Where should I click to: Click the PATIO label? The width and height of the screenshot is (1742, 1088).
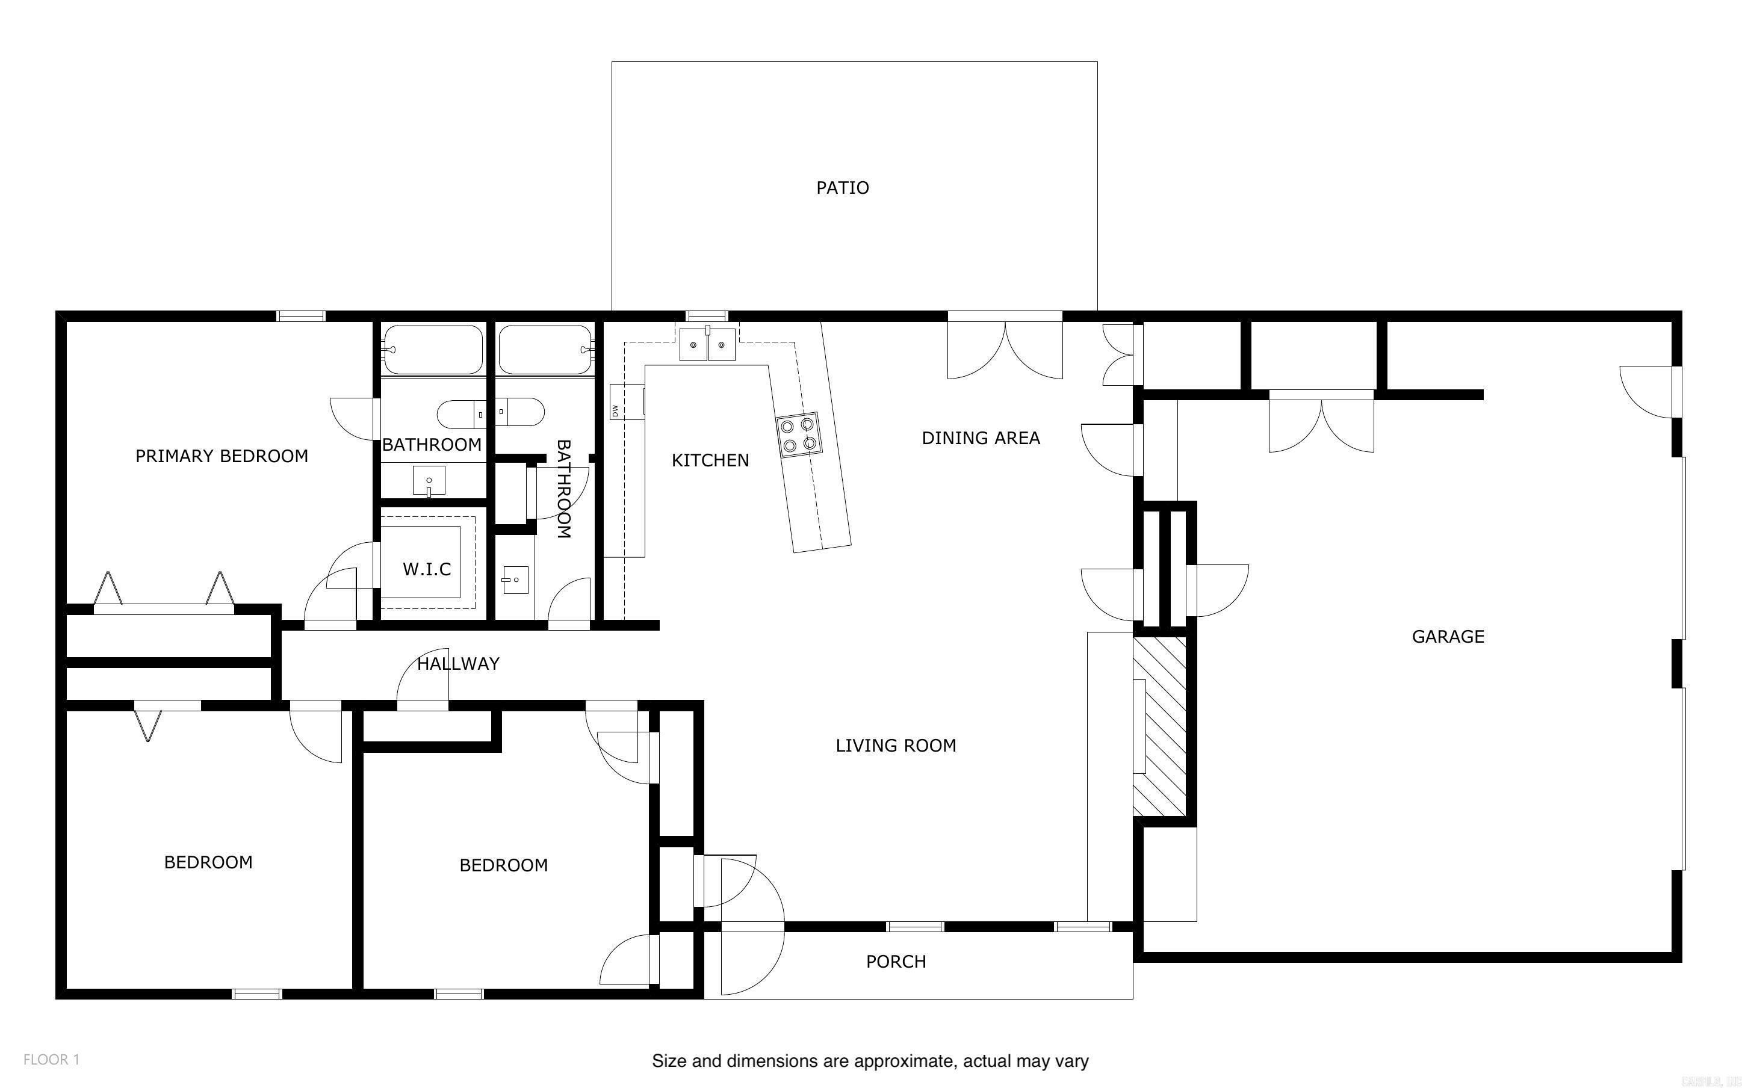click(x=842, y=188)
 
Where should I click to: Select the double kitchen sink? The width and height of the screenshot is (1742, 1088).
click(x=707, y=345)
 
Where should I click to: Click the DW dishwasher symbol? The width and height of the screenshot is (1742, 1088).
click(x=616, y=411)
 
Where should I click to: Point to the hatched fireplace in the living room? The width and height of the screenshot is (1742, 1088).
click(x=1159, y=726)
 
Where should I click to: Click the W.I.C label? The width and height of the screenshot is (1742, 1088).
click(x=427, y=569)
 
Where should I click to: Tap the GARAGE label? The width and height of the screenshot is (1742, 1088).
click(x=1448, y=636)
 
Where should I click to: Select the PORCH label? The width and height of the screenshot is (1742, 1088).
click(x=896, y=962)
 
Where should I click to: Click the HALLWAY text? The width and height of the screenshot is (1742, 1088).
click(x=458, y=663)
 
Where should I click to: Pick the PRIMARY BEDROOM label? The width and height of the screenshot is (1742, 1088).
click(x=222, y=456)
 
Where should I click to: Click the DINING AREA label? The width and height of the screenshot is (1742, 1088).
click(x=981, y=437)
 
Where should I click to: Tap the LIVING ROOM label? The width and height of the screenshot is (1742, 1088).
click(x=896, y=746)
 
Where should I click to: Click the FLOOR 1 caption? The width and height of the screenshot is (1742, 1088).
click(x=51, y=1059)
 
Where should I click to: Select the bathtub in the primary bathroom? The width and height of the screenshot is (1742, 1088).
click(x=432, y=350)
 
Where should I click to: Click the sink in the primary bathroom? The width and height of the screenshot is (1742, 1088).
click(x=429, y=480)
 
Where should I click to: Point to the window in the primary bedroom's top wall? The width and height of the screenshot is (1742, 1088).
click(x=301, y=316)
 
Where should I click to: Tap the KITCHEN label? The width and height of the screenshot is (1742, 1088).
click(x=710, y=460)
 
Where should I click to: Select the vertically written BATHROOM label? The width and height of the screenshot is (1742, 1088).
click(x=563, y=489)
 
